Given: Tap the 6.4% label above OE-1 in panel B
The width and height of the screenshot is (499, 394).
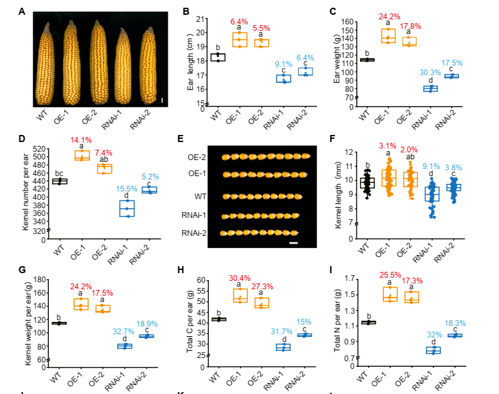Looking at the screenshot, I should click(x=240, y=22).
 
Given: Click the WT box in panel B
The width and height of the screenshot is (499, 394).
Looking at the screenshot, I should click(x=217, y=57).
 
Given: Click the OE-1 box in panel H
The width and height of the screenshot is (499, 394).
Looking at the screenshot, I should click(x=240, y=296).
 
